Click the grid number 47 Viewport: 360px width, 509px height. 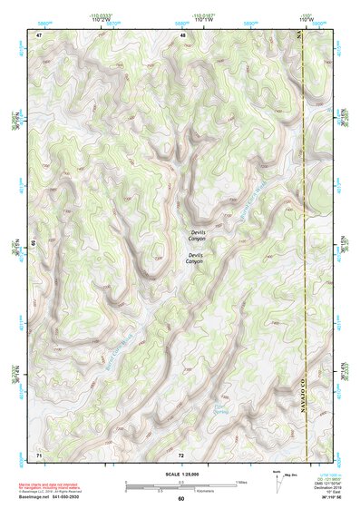tap(39, 34)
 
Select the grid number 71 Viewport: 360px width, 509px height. tap(39, 453)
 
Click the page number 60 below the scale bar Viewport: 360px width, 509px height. tap(181, 498)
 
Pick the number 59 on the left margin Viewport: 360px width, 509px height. tap(34, 243)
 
